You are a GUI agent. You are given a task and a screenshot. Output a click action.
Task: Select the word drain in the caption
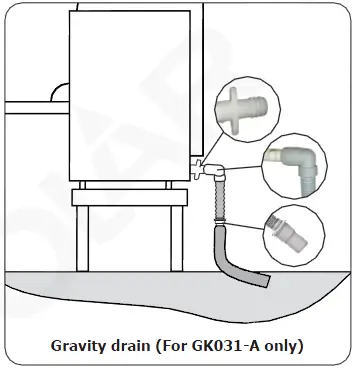[x=138, y=347]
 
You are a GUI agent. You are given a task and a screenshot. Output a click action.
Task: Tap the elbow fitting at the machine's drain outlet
[x=210, y=170]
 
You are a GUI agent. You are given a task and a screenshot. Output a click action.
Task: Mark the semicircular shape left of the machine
[x=60, y=93]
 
